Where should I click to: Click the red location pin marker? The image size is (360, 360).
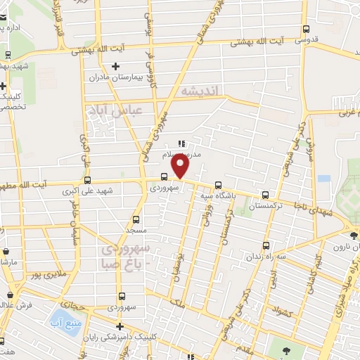(x=181, y=167)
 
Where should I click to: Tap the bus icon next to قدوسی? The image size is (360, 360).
(x=305, y=29)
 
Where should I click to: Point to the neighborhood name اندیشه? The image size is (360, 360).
(x=200, y=91)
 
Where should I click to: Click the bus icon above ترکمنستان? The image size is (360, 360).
(x=265, y=195)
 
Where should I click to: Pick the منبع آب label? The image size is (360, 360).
(x=65, y=325)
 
